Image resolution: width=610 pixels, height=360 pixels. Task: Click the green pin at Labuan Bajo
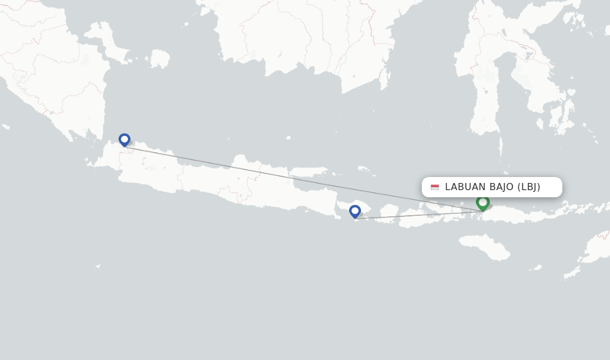pos(483,203)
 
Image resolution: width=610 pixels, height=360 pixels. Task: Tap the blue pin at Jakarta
pos(125,140)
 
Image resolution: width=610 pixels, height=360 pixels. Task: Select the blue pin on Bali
pos(355,211)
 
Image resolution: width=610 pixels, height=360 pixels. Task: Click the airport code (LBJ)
pos(529,187)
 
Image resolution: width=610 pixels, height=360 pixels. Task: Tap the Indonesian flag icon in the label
pos(435,187)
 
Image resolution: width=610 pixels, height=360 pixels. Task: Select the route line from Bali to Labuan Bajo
pos(417,215)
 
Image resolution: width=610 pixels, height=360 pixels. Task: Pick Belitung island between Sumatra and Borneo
pos(160,58)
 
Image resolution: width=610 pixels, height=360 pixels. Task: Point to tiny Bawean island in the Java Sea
pos(288,138)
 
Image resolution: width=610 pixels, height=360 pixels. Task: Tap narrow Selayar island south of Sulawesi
pos(500,147)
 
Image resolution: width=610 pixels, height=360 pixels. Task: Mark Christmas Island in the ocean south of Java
pos(97,266)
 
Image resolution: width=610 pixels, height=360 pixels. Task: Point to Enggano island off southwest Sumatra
pos(6,127)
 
